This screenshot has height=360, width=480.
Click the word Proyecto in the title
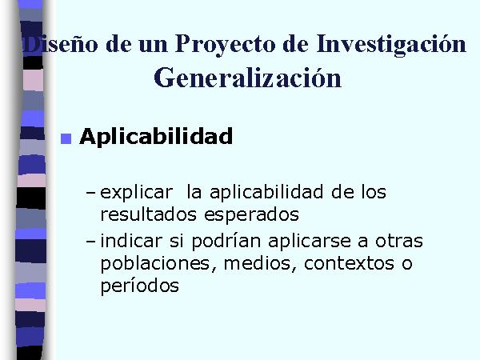pyautogui.click(x=225, y=45)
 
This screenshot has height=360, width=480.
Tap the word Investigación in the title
pyautogui.click(x=391, y=44)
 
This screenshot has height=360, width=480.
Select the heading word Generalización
pyautogui.click(x=247, y=78)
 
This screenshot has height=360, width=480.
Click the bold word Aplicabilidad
pyautogui.click(x=156, y=136)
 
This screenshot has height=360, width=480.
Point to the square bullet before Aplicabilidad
pyautogui.click(x=66, y=138)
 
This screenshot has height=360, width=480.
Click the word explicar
pyautogui.click(x=137, y=193)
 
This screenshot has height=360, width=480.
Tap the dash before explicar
pyautogui.click(x=90, y=193)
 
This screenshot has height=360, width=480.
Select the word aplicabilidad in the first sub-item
pyautogui.click(x=266, y=192)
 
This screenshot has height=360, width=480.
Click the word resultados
pyautogui.click(x=149, y=214)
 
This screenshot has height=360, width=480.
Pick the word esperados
pyautogui.click(x=252, y=215)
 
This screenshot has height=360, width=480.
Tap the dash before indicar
pyautogui.click(x=90, y=242)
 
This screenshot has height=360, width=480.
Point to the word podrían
pyautogui.click(x=226, y=242)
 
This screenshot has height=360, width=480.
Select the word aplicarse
pyautogui.click(x=310, y=242)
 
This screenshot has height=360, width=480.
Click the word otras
pyautogui.click(x=399, y=241)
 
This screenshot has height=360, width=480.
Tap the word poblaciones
pyautogui.click(x=155, y=264)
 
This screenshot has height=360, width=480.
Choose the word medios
pyautogui.click(x=258, y=263)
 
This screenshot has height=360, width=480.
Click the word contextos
pyautogui.click(x=349, y=263)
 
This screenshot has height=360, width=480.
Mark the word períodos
pyautogui.click(x=139, y=286)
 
